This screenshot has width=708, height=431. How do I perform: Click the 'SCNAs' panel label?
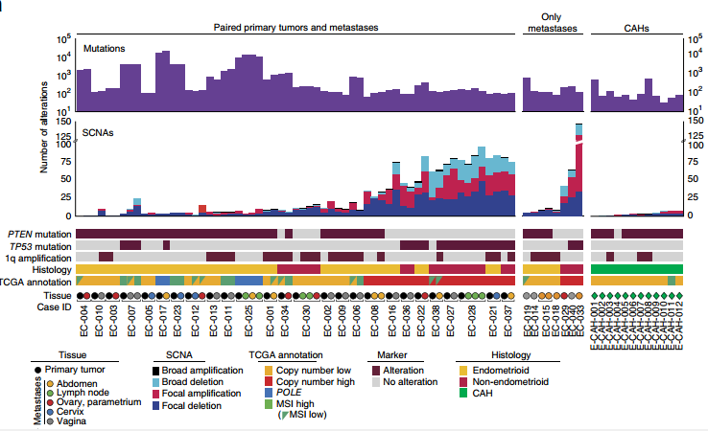[x=99, y=132]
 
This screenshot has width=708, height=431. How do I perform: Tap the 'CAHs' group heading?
[x=634, y=28]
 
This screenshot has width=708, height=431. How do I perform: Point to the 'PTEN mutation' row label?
[x=39, y=234]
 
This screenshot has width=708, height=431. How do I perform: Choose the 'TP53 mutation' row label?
[x=39, y=245]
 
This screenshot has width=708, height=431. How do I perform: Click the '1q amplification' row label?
[x=36, y=257]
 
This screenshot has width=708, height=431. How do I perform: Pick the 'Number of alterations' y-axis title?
[x=44, y=127]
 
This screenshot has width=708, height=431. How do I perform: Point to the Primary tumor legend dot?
[x=37, y=367]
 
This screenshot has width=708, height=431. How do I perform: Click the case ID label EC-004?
[x=85, y=310]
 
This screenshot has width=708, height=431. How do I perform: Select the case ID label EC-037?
[x=507, y=310]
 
